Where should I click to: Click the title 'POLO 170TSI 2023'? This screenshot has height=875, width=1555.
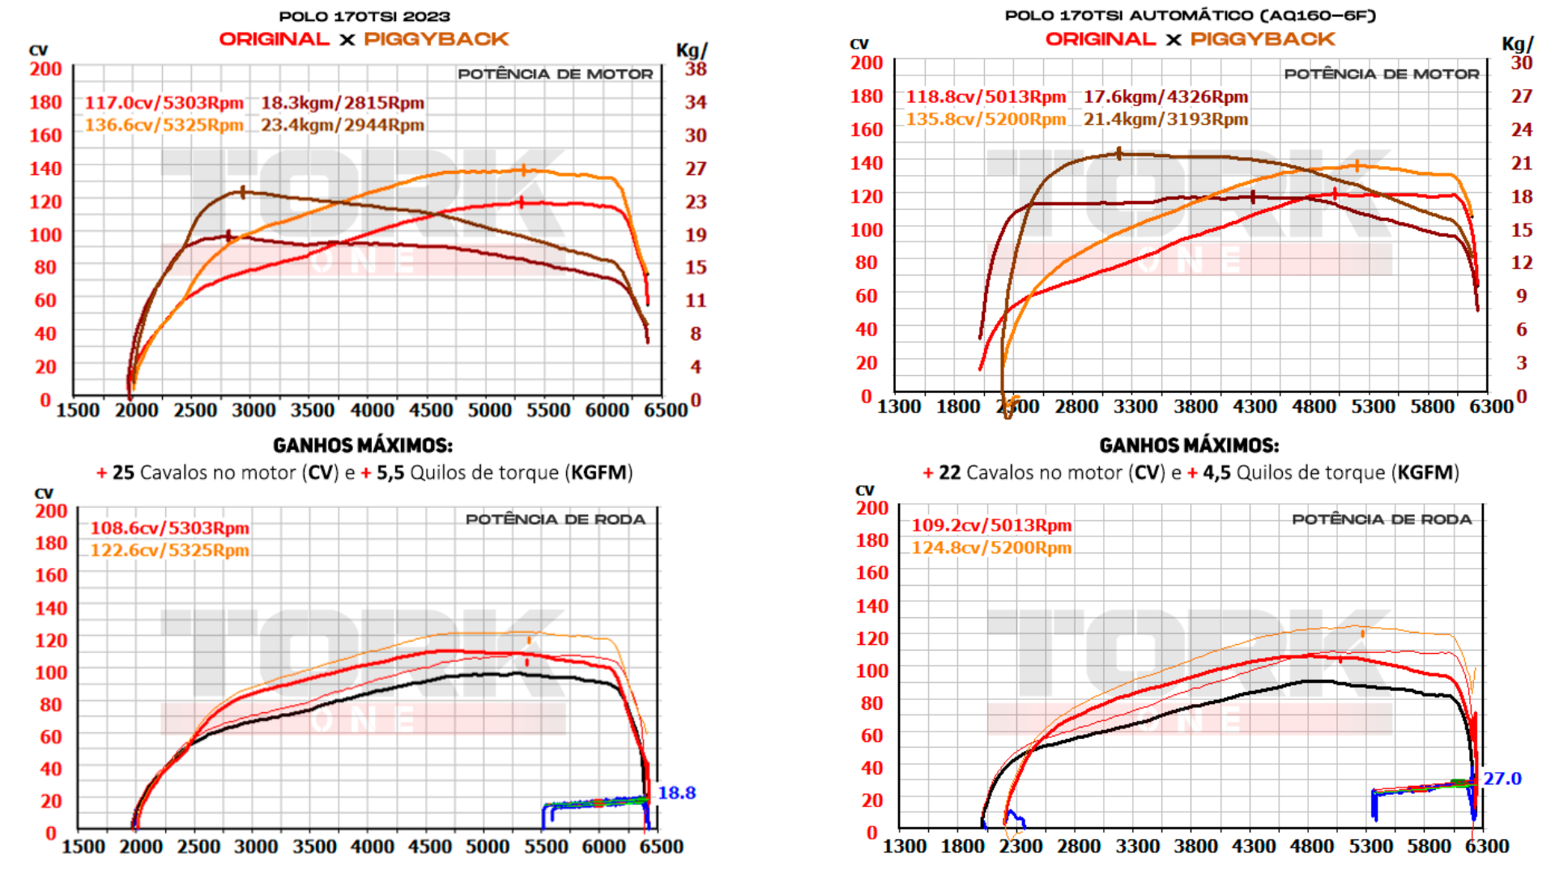tap(364, 16)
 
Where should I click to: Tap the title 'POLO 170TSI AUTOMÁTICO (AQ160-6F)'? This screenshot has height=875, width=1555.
tap(1190, 15)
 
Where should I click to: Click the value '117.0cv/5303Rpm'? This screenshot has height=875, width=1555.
tap(164, 103)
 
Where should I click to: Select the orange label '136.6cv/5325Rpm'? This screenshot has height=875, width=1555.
tap(164, 125)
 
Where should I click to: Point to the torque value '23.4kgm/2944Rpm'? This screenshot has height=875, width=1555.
tap(342, 125)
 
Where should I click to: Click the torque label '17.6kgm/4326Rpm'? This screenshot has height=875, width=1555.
tap(1165, 97)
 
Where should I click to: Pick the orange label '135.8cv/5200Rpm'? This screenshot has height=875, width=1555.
tap(986, 119)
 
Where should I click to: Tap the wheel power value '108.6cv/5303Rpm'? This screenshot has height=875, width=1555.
tap(169, 528)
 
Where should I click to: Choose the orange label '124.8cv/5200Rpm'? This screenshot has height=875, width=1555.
tap(991, 548)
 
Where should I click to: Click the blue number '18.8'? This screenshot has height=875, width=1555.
tap(676, 793)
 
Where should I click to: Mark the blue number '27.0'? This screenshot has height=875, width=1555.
tap(1502, 779)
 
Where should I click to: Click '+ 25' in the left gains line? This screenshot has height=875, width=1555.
tap(116, 472)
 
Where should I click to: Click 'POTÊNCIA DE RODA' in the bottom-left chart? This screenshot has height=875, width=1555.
tap(555, 519)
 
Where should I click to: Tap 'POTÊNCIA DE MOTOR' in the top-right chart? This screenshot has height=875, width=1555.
tap(1381, 74)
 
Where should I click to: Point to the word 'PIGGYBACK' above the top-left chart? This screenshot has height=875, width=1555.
tap(436, 39)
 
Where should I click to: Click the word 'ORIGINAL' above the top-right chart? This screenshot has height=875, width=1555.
tap(1100, 39)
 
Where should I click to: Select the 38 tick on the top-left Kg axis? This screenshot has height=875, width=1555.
tap(696, 69)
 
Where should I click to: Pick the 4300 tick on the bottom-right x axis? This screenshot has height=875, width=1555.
tap(1254, 847)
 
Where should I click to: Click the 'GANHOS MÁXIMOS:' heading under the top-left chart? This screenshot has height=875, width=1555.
tap(363, 446)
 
